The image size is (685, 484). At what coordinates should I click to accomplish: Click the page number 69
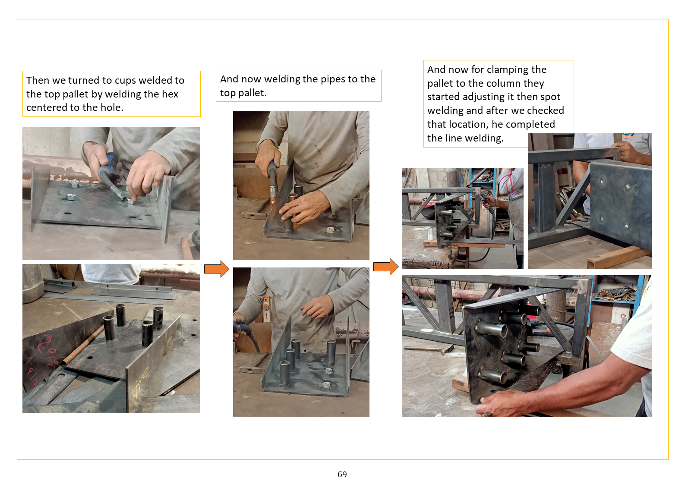point(342,474)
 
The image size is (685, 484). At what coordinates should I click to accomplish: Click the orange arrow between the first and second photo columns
point(217,269)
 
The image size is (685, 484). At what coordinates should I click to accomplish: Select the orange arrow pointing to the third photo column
point(385,267)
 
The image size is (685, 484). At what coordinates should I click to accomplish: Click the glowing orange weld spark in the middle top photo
point(272,201)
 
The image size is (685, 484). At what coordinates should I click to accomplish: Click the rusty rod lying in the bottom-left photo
point(82,345)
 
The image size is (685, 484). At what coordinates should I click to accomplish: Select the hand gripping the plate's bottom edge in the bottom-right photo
point(502,403)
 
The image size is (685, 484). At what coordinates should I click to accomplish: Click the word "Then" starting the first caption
point(38,80)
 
